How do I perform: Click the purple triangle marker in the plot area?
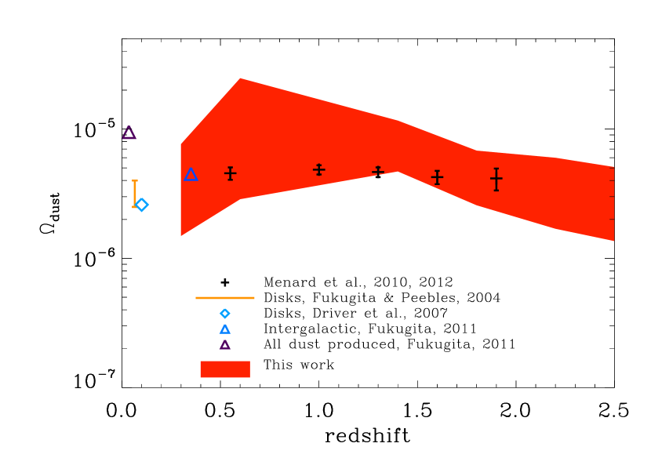pyautogui.click(x=129, y=133)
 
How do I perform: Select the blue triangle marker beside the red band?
pyautogui.click(x=191, y=175)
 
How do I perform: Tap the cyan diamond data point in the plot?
pyautogui.click(x=142, y=205)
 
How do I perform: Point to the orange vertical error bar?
pyautogui.click(x=135, y=193)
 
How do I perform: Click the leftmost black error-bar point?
pyautogui.click(x=230, y=173)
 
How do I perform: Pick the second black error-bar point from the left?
pyautogui.click(x=318, y=169)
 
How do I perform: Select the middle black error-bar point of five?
pyautogui.click(x=377, y=172)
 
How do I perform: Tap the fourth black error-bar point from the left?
pyautogui.click(x=437, y=177)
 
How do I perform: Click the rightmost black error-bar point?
pyautogui.click(x=496, y=179)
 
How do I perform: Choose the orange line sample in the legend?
pyautogui.click(x=225, y=298)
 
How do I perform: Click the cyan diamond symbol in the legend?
pyautogui.click(x=225, y=314)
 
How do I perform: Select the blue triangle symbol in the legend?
pyautogui.click(x=225, y=329)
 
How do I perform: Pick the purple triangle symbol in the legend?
pyautogui.click(x=225, y=344)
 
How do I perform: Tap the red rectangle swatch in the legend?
pyautogui.click(x=225, y=369)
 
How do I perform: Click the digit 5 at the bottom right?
pyautogui.click(x=623, y=411)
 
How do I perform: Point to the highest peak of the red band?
pyautogui.click(x=241, y=78)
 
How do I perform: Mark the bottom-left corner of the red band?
pyautogui.click(x=181, y=235)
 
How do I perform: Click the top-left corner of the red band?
pyautogui.click(x=181, y=143)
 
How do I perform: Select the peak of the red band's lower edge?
pyautogui.click(x=398, y=173)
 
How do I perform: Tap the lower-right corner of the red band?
pyautogui.click(x=613, y=241)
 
